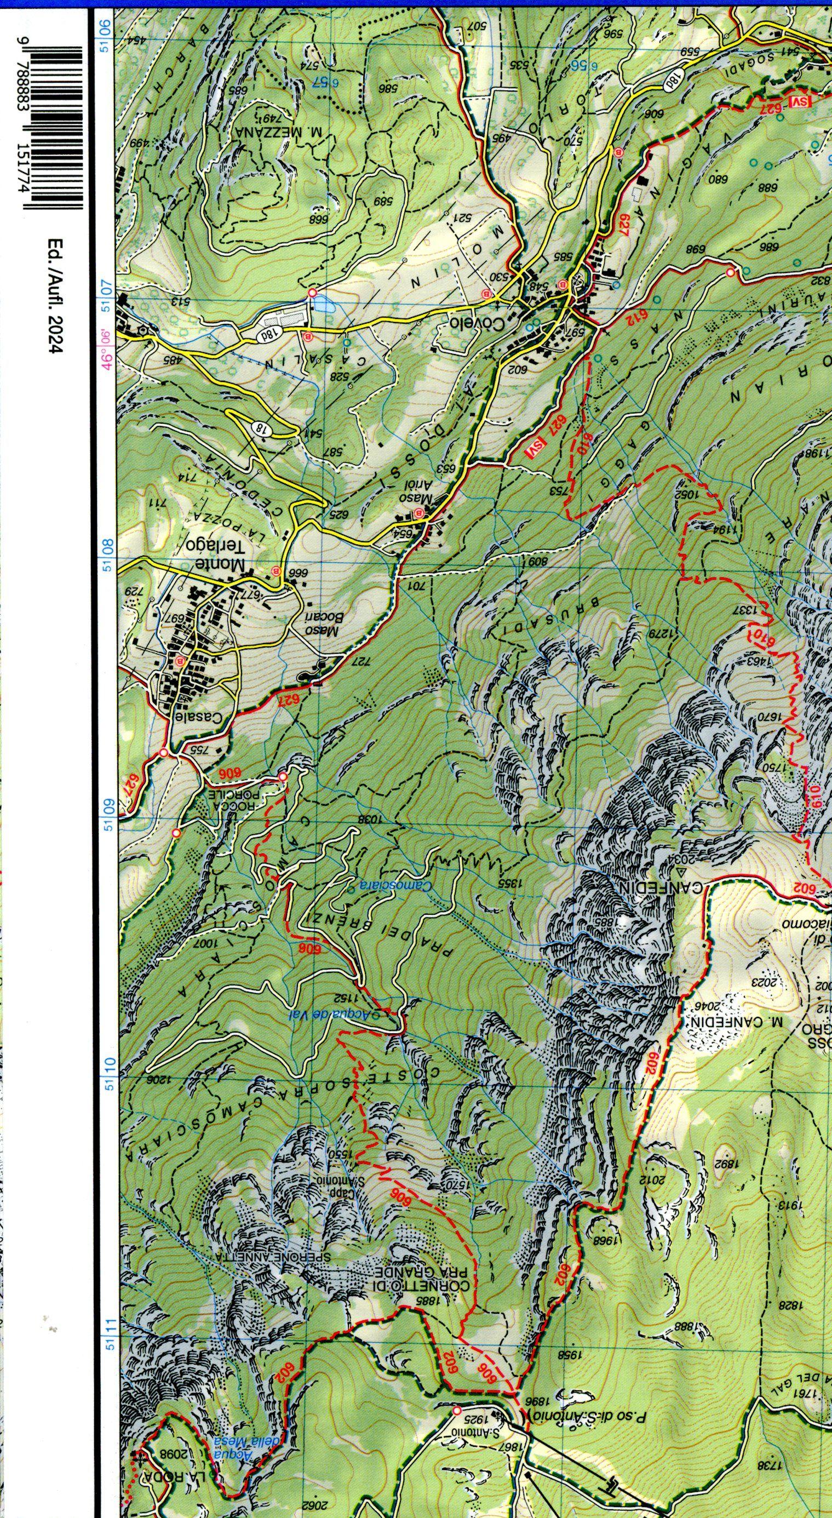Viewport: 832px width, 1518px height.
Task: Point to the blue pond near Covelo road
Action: pyautogui.click(x=322, y=304)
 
